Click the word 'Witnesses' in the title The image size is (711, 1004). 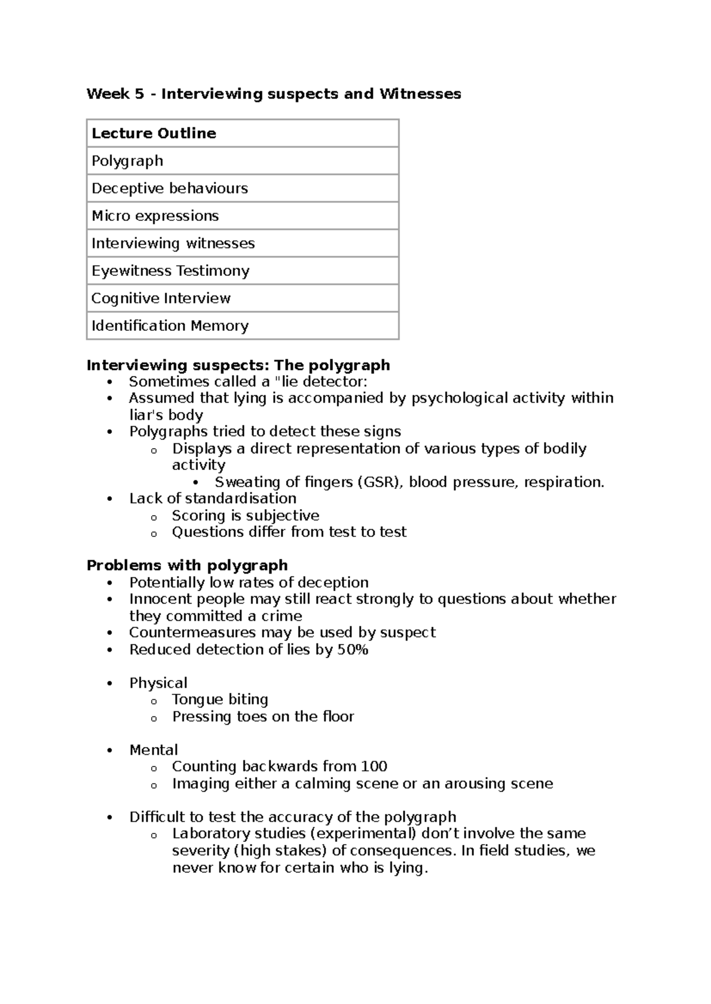pyautogui.click(x=420, y=94)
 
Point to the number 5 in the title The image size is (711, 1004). pyautogui.click(x=139, y=94)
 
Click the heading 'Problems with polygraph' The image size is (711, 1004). pyautogui.click(x=187, y=565)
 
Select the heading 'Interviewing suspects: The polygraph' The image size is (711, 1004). pyautogui.click(x=238, y=365)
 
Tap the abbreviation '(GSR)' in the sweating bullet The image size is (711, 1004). pyautogui.click(x=380, y=482)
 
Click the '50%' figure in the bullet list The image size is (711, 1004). pyautogui.click(x=353, y=649)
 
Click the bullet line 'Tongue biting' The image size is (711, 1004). pyautogui.click(x=220, y=700)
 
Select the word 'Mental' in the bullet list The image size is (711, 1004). pyautogui.click(x=153, y=750)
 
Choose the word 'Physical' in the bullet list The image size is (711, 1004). pyautogui.click(x=158, y=683)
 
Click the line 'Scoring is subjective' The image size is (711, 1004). pyautogui.click(x=245, y=516)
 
